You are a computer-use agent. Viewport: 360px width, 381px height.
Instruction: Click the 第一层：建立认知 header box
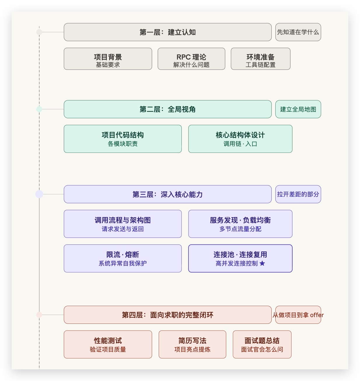167,32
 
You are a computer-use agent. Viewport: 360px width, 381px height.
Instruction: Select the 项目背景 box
108,59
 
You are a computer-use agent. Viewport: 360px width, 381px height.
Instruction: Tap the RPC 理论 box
191,59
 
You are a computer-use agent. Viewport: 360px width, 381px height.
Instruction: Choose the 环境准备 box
261,59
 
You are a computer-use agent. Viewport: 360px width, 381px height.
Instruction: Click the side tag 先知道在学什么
298,32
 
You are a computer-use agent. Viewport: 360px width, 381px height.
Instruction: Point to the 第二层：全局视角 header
167,109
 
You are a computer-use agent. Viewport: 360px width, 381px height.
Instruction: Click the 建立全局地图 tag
298,109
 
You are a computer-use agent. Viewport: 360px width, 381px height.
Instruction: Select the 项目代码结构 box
123,139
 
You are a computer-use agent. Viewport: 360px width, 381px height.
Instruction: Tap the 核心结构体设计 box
240,139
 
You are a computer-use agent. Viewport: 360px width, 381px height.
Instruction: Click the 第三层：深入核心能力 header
167,194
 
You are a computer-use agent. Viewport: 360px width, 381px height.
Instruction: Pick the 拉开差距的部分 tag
298,194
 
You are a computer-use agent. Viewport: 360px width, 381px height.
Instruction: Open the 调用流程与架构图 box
123,224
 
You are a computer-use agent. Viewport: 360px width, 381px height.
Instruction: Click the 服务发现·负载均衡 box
240,224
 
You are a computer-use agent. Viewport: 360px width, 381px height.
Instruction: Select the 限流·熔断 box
123,258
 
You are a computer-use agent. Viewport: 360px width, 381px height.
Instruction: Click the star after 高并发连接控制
262,263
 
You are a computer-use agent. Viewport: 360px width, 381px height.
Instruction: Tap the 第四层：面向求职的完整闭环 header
167,315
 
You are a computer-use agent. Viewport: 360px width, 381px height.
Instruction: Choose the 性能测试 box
108,344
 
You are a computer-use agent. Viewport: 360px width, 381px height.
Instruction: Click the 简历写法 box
192,344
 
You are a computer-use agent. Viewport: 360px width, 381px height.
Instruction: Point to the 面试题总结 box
262,344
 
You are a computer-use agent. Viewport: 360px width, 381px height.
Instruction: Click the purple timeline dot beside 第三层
39,194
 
